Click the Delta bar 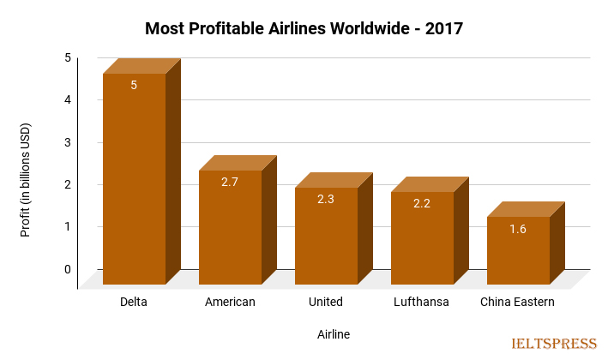(x=134, y=180)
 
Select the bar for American (x=230, y=227)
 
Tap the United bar (x=326, y=236)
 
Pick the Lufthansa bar (x=422, y=238)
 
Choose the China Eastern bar (x=518, y=250)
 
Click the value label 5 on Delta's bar (x=134, y=85)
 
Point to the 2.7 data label (x=230, y=182)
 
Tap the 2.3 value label (x=326, y=199)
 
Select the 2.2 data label (x=422, y=203)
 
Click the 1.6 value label (x=518, y=228)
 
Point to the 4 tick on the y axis (x=67, y=100)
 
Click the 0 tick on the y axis (x=67, y=269)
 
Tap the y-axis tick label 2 (x=67, y=184)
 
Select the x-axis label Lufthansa (x=421, y=302)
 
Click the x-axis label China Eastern (x=517, y=302)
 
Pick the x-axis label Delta (x=134, y=302)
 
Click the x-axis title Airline (x=334, y=333)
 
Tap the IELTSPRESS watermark (x=553, y=344)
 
